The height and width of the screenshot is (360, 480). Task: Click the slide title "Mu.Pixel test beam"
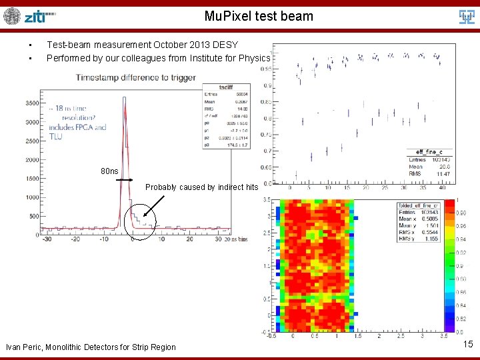pos(259,16)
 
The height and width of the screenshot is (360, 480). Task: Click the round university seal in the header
pos(12,16)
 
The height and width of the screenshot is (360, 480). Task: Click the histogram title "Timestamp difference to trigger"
pos(136,78)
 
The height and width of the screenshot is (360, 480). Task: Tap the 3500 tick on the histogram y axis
pos(31,103)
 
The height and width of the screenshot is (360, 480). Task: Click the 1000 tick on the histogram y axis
pos(31,197)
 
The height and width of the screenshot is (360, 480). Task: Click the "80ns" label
pos(110,171)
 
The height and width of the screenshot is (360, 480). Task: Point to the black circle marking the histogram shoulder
pos(141,218)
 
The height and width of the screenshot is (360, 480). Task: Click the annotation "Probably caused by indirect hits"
pos(201,187)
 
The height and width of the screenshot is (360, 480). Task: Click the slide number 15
pos(467,344)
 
